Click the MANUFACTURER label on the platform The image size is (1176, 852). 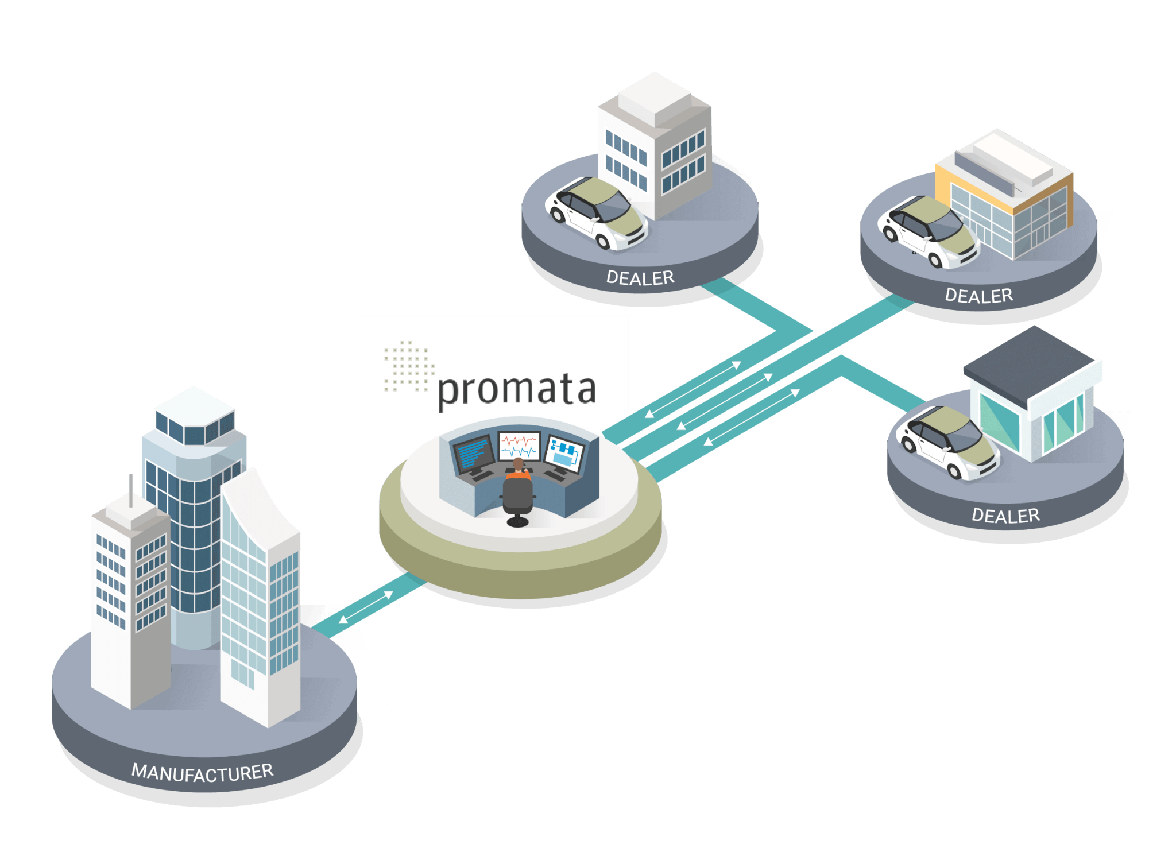point(202,772)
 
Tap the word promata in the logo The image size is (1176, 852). point(517,390)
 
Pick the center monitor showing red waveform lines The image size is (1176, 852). point(519,446)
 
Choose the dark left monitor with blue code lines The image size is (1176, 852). point(474,454)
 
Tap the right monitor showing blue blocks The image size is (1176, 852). point(564,454)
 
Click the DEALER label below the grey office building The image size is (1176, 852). point(640,278)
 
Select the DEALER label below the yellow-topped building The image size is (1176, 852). point(979,296)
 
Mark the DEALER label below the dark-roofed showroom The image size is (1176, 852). point(1005,516)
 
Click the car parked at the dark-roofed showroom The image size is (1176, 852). point(947,441)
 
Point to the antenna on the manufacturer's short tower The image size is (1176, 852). point(131,491)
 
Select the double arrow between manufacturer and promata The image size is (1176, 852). point(366,607)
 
